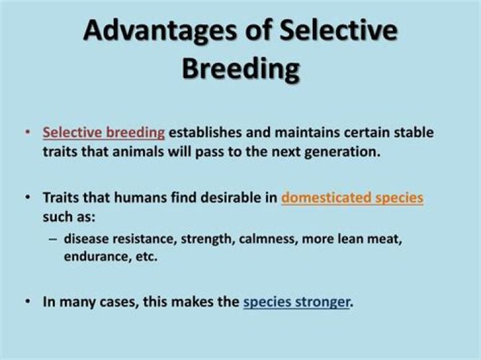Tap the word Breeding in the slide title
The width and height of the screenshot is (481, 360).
[x=240, y=69]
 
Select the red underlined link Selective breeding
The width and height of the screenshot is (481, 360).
[x=104, y=132]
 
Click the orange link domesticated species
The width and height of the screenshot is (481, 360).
[x=352, y=198]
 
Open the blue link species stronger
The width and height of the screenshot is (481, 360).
[x=297, y=301]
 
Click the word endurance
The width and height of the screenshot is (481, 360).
[x=92, y=256]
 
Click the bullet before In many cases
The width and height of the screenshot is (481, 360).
[x=27, y=302]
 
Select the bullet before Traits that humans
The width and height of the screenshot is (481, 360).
[x=27, y=198]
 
